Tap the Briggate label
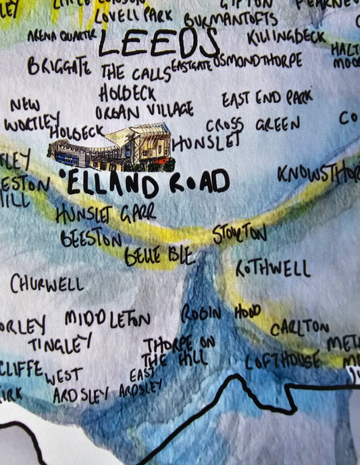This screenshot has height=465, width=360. click(x=59, y=66)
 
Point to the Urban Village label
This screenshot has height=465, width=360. click(x=144, y=110)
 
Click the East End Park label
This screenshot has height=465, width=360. click(x=267, y=99)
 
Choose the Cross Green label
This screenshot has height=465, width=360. click(x=253, y=126)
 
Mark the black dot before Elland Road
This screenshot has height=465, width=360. click(x=63, y=174)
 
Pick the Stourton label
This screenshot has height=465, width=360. click(x=239, y=234)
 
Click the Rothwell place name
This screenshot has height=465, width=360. click(x=273, y=269)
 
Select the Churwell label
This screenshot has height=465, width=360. click(x=47, y=283)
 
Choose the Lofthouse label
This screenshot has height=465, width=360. click(x=282, y=361)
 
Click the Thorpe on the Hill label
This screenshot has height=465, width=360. click(x=178, y=349)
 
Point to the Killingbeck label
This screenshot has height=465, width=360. click(x=286, y=36)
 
